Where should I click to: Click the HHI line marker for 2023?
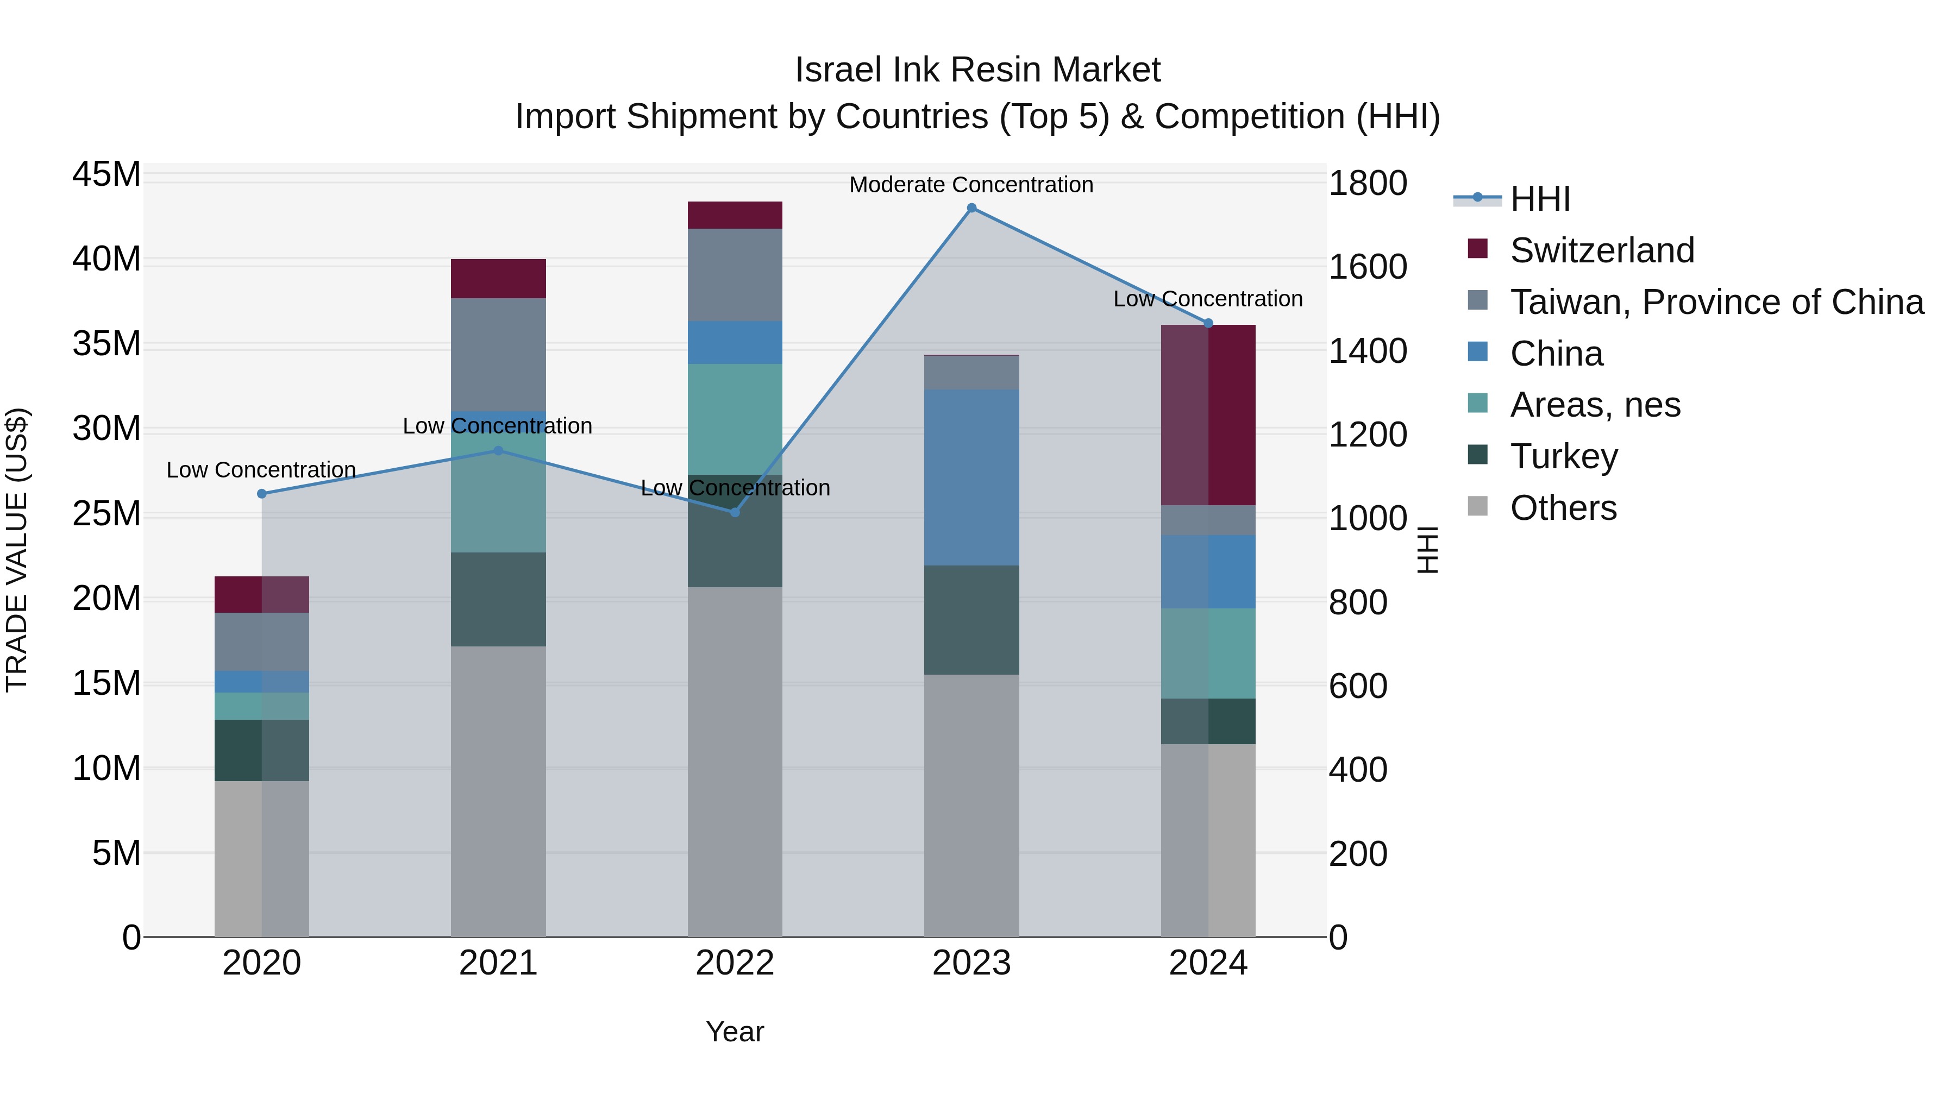[x=971, y=208]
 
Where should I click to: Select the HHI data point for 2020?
[x=262, y=493]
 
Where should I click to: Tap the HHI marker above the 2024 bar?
[x=1208, y=323]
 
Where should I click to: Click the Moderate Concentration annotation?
[x=970, y=185]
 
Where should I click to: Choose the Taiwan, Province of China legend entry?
[x=1716, y=302]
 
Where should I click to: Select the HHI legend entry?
[x=1539, y=199]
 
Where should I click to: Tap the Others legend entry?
[x=1563, y=508]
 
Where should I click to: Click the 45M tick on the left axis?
[x=106, y=174]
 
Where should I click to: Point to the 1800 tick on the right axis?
[x=1368, y=183]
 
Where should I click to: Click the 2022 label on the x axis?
[x=734, y=963]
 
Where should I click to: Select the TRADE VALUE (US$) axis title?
[x=17, y=550]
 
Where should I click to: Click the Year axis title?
[x=734, y=1032]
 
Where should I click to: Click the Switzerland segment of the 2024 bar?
[x=1208, y=414]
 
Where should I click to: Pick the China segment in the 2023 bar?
[x=971, y=477]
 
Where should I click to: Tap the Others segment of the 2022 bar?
[x=734, y=762]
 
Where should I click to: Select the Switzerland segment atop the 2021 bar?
[x=498, y=279]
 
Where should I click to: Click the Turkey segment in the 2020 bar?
[x=262, y=750]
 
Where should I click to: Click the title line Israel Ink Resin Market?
[x=977, y=70]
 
